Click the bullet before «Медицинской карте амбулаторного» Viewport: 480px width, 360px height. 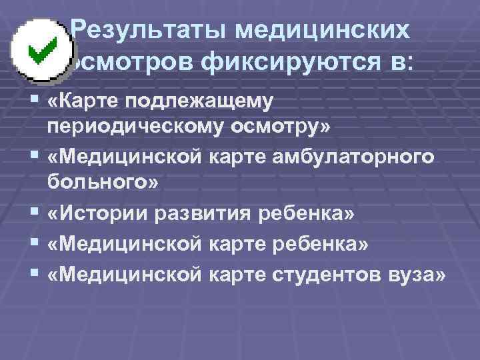click(35, 156)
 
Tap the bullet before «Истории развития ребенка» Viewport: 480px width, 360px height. click(35, 213)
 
